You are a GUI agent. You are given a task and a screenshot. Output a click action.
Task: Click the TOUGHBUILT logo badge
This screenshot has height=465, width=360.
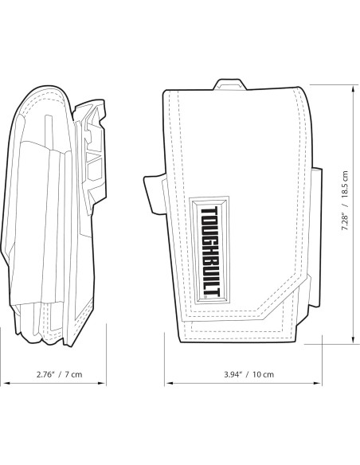[210, 250]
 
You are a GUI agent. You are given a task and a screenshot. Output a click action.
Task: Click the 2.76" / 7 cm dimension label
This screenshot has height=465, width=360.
[59, 374]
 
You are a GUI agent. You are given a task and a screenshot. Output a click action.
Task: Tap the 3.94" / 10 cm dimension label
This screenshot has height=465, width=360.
[249, 374]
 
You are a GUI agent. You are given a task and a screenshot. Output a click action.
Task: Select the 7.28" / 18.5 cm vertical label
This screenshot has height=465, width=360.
[344, 201]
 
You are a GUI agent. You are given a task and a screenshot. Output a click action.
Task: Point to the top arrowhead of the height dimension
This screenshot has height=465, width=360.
[353, 88]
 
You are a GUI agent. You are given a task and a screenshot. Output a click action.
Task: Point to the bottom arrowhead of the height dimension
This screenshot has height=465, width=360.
[353, 341]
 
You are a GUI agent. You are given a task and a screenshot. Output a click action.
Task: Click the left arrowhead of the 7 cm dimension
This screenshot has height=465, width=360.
[6, 383]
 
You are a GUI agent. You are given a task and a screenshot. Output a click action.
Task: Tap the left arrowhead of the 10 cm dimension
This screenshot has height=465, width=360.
[169, 383]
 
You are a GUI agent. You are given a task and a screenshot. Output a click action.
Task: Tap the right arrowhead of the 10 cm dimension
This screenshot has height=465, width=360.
[319, 383]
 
